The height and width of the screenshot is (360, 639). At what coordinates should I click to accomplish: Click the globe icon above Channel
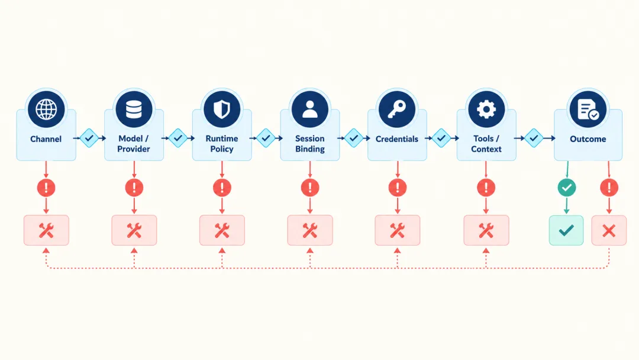[46, 110]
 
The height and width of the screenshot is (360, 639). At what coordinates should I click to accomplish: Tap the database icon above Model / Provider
[134, 110]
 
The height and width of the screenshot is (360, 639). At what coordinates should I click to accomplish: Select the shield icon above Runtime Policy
[222, 110]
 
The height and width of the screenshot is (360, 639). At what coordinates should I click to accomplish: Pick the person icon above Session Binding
[310, 110]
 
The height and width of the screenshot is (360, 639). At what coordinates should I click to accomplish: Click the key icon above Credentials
[397, 110]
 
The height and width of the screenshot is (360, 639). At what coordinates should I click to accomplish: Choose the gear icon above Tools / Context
[486, 110]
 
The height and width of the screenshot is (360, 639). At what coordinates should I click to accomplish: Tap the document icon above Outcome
[588, 110]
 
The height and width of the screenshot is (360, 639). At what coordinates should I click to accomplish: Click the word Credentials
[397, 139]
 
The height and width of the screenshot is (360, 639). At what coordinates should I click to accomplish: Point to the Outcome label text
[588, 139]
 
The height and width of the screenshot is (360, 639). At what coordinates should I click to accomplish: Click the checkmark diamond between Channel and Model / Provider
[89, 138]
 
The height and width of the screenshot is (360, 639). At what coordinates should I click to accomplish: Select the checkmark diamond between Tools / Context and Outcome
[534, 138]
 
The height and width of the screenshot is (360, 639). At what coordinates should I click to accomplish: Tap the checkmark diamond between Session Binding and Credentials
[354, 138]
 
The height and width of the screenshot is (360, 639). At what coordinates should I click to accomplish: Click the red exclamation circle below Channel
[46, 188]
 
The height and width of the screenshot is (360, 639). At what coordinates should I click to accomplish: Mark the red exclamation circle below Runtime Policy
[222, 188]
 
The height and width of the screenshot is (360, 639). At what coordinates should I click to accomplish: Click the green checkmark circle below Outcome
[567, 188]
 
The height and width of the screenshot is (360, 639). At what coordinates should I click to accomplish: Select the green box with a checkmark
[566, 230]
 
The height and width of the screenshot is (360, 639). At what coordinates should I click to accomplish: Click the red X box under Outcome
[609, 230]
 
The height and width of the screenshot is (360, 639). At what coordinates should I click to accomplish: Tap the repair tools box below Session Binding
[310, 230]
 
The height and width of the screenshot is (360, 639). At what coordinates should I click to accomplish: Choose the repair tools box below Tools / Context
[486, 230]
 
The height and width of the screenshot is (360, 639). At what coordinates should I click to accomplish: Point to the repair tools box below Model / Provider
[134, 230]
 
